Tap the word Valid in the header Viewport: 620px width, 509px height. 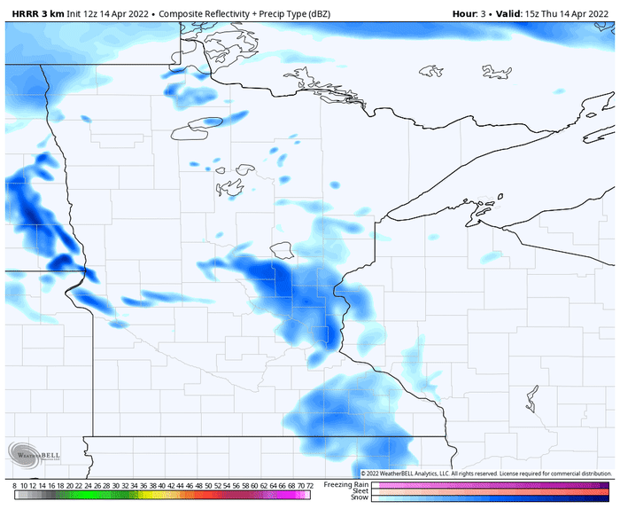click(x=499, y=13)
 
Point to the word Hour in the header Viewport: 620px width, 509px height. click(x=464, y=13)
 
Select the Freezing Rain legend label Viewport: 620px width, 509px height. click(x=345, y=484)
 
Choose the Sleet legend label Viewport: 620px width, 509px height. click(x=359, y=490)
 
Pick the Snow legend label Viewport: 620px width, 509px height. click(x=359, y=497)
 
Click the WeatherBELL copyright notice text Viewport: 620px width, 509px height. click(x=486, y=474)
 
